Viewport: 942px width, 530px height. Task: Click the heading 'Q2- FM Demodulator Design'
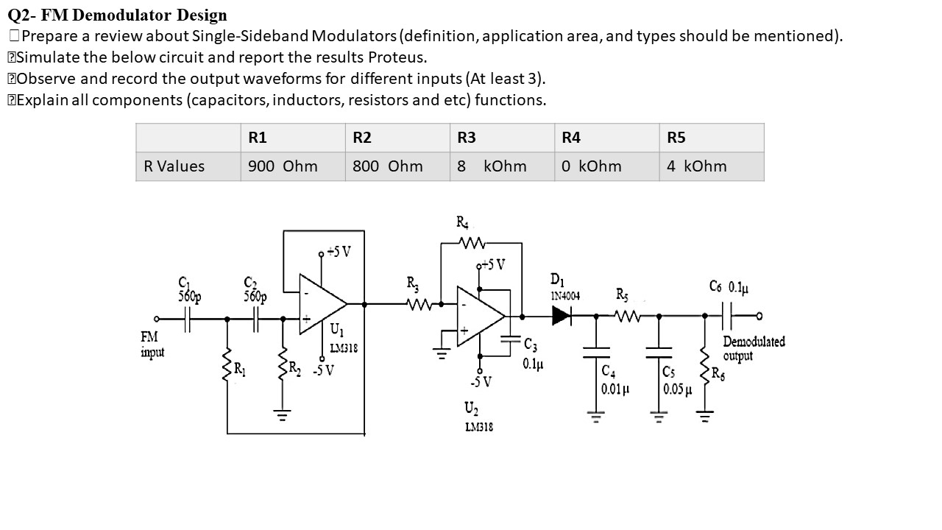click(x=118, y=15)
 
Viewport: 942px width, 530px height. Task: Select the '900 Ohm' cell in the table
click(x=283, y=166)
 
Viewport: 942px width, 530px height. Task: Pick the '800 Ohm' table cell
click(x=387, y=166)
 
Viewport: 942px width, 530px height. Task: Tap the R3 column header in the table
click(x=467, y=138)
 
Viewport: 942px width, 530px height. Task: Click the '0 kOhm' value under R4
click(x=591, y=166)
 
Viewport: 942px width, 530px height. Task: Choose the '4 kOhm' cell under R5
click(x=696, y=166)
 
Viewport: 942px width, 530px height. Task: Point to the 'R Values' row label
click(x=174, y=166)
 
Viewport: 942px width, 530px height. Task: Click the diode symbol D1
click(x=562, y=317)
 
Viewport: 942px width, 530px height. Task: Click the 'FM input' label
click(x=152, y=344)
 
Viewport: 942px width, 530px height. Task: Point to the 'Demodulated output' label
click(x=753, y=349)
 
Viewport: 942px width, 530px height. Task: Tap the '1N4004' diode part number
click(x=565, y=296)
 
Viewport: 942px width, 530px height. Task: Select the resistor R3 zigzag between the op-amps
click(x=418, y=303)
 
